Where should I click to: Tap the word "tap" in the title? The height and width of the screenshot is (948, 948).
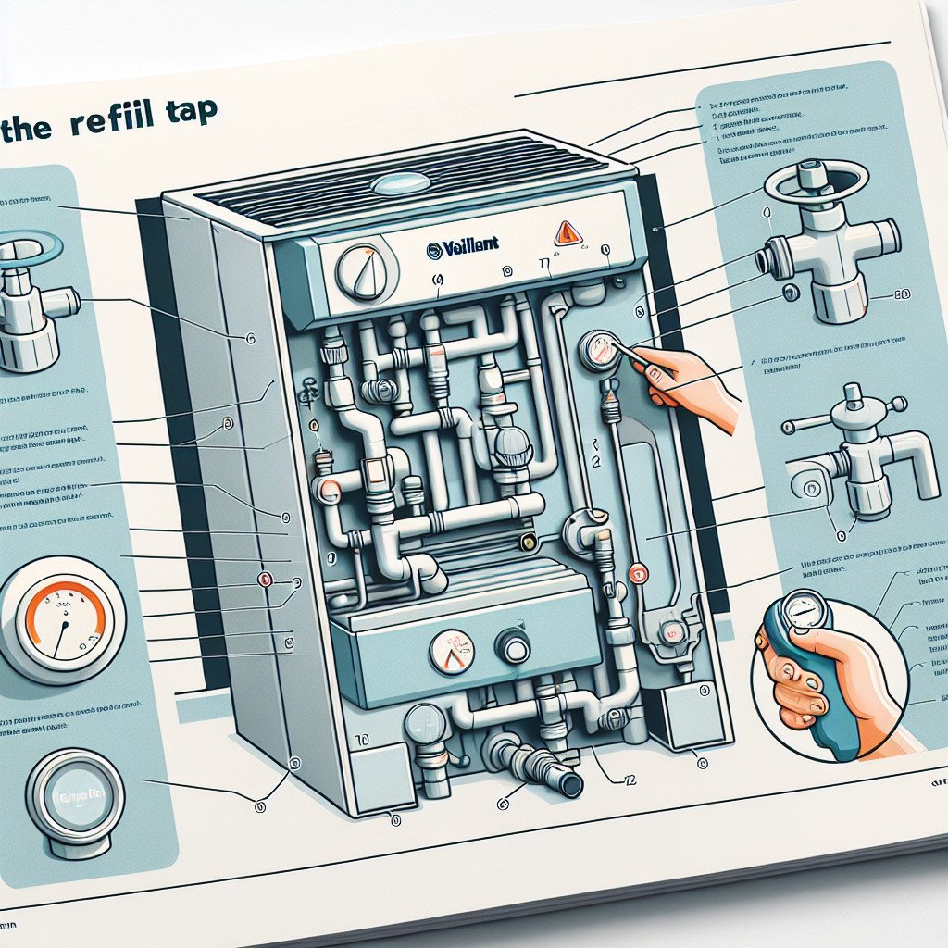pyautogui.click(x=193, y=112)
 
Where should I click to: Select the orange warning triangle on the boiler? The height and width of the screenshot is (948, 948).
pyautogui.click(x=568, y=232)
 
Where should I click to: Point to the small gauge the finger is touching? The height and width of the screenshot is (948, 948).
pyautogui.click(x=599, y=351)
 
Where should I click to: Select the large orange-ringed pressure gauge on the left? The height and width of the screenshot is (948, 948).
pyautogui.click(x=57, y=619)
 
